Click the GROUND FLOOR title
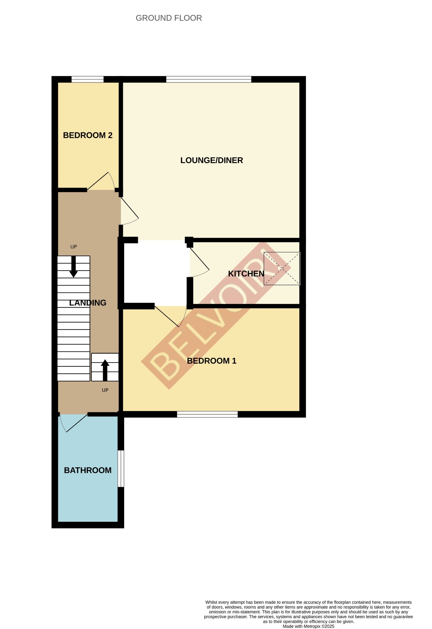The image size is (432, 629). click(x=169, y=18)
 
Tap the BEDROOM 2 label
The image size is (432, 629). click(x=87, y=135)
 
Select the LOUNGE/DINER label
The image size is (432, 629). click(x=212, y=160)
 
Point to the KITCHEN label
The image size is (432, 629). click(x=246, y=274)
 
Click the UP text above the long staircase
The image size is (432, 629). click(x=73, y=247)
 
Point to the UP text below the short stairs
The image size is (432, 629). click(x=105, y=390)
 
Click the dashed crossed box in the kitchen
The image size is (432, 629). click(x=282, y=269)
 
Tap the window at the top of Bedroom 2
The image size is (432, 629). click(x=87, y=79)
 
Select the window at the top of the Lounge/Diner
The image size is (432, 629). click(x=209, y=79)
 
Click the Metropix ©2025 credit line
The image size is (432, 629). click(x=308, y=626)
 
